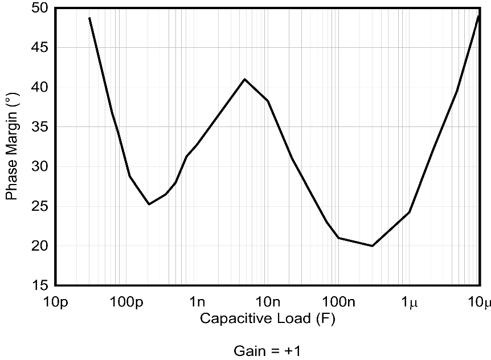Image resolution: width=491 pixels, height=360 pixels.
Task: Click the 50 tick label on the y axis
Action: tap(42, 9)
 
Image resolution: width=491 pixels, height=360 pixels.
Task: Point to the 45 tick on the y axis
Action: tap(42, 48)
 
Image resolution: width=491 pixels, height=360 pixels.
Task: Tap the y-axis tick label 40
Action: tap(42, 87)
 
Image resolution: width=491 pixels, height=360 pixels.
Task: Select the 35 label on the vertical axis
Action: tap(42, 127)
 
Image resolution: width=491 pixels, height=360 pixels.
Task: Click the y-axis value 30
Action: tap(42, 166)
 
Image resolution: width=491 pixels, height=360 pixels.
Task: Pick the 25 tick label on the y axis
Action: tap(42, 206)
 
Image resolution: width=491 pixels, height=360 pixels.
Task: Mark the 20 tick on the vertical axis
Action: tap(42, 246)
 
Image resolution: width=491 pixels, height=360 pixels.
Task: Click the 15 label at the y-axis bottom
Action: tap(42, 285)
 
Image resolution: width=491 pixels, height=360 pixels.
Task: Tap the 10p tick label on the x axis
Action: tap(55, 301)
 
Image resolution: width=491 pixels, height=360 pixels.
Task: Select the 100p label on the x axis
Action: tap(126, 301)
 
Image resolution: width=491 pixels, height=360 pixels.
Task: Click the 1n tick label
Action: tap(197, 301)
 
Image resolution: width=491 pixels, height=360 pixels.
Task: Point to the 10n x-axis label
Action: tap(268, 301)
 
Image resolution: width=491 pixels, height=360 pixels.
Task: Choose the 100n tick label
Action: tap(338, 301)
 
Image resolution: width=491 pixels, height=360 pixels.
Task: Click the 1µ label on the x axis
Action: tap(409, 301)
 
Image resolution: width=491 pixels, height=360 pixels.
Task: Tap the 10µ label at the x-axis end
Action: tap(479, 301)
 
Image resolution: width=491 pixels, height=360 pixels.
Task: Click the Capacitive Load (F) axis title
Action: tap(268, 318)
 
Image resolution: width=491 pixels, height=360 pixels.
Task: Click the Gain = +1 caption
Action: tap(267, 350)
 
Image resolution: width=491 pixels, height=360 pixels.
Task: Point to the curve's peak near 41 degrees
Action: tap(245, 79)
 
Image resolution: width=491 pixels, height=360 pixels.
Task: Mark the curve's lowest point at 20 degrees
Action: tap(372, 246)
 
